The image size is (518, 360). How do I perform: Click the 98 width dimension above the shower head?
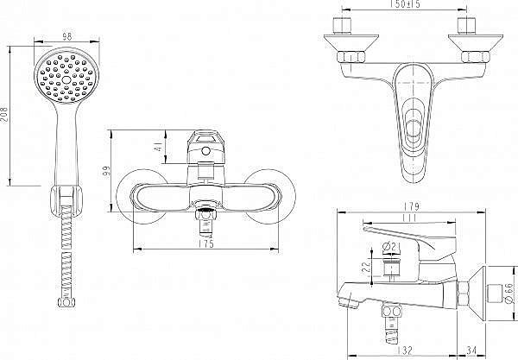(x=67, y=36)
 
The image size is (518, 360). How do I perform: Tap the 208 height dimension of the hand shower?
(x=4, y=114)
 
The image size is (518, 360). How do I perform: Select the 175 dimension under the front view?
(x=206, y=243)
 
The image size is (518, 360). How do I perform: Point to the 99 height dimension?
(x=106, y=171)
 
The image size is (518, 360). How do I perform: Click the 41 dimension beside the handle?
(x=159, y=147)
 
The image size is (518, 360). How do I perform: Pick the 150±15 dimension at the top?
(x=405, y=4)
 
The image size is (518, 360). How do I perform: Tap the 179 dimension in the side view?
(x=411, y=206)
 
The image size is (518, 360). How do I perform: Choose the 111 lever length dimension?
(x=409, y=218)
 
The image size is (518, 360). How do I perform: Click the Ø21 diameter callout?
(x=391, y=246)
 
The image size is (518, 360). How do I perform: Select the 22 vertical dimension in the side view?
(x=366, y=267)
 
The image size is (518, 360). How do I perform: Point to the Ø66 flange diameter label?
(x=509, y=293)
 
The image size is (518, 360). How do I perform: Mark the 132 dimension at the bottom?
(x=405, y=351)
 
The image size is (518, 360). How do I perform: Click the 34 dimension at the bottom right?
(x=471, y=351)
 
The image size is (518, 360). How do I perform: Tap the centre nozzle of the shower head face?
(x=66, y=79)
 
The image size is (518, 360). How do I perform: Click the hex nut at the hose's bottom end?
(x=66, y=302)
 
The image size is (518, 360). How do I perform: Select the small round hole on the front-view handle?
(x=205, y=151)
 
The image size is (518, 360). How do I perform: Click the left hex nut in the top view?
(x=351, y=57)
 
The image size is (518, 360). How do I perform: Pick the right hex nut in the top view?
(x=476, y=57)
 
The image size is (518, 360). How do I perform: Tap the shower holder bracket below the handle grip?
(x=66, y=201)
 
